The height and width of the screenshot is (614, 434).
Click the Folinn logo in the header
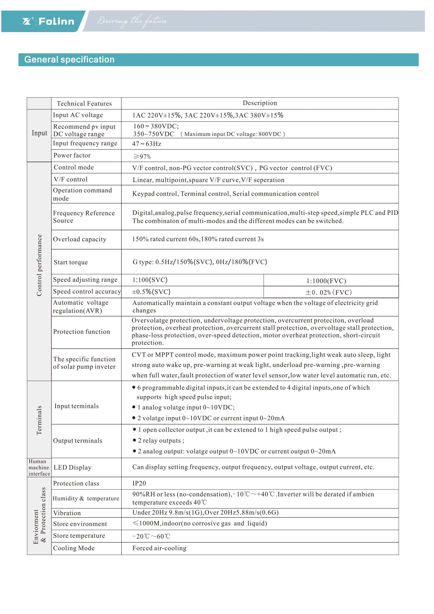pos(49,21)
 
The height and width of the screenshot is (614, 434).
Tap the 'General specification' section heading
pos(69,60)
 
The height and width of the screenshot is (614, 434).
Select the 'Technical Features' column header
pos(84,104)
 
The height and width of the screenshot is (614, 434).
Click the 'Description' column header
pos(260,103)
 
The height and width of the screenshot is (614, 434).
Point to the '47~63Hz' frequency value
pos(147,144)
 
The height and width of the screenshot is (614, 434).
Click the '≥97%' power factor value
pos(142,156)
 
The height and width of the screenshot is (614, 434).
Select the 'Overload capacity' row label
pos(80,239)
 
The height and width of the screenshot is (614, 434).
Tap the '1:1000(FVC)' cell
pos(326,281)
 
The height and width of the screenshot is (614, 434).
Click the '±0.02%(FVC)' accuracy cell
pos(328,292)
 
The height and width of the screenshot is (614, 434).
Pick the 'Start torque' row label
pos(71,262)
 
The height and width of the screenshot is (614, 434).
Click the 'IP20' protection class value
pos(139,483)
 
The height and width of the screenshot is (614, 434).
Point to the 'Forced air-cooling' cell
pos(159,548)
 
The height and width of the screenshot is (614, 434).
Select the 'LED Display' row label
pos(72,467)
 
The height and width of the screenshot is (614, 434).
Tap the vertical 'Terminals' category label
pos(39,420)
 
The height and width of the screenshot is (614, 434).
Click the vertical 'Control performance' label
pos(39,265)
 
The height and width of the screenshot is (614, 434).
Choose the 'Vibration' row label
pos(67,513)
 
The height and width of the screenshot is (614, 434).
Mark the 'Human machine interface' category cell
pos(39,467)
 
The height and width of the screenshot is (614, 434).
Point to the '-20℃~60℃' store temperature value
pos(151,536)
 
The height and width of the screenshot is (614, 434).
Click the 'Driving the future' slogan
pos(132,21)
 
